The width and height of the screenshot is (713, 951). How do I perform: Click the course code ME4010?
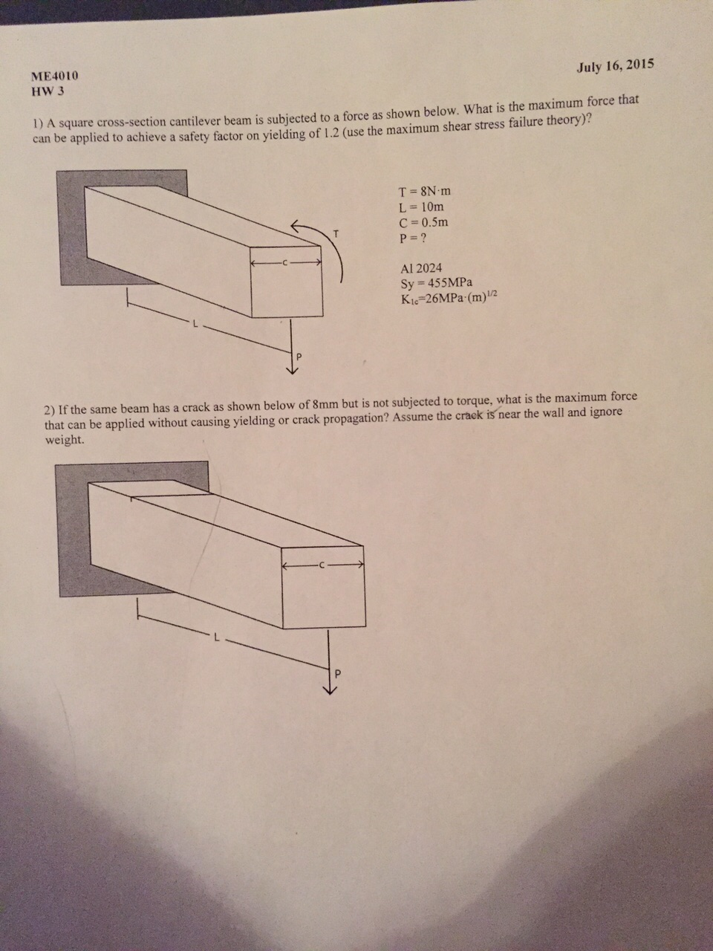[x=54, y=77]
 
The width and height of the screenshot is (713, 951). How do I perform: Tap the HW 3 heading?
[x=48, y=92]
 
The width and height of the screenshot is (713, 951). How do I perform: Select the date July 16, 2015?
[x=615, y=65]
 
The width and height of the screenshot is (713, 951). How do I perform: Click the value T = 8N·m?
[x=425, y=191]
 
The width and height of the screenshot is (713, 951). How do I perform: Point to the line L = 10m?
[x=422, y=207]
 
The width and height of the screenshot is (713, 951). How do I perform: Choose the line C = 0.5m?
[x=424, y=222]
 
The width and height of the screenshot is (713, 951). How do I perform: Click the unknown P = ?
[x=413, y=238]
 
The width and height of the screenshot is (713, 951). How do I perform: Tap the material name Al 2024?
[x=421, y=268]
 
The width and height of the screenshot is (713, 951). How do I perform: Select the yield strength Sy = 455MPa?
[x=437, y=283]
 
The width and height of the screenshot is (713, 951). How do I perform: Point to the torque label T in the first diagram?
[x=335, y=233]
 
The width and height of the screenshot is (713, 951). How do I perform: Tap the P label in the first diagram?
[x=299, y=357]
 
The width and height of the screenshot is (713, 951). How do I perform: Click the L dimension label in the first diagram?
[x=196, y=324]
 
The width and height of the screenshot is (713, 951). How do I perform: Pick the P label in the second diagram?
[x=337, y=675]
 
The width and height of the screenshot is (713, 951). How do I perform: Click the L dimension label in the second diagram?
[x=217, y=637]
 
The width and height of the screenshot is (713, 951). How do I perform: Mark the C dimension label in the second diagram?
[x=322, y=566]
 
